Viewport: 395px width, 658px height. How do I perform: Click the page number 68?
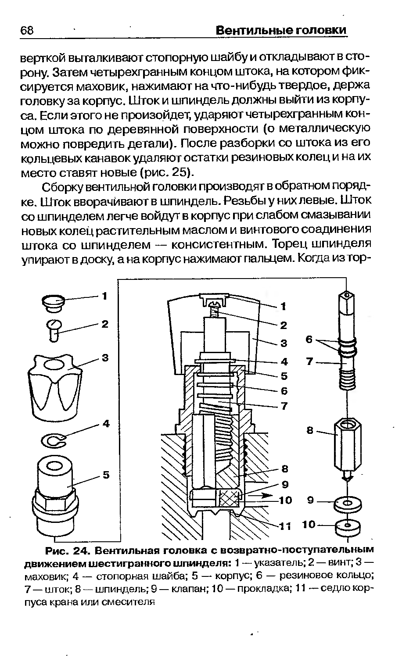[27, 31]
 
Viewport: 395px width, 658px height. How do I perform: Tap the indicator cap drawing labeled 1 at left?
[53, 303]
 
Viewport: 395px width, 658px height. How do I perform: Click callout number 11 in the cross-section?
[286, 526]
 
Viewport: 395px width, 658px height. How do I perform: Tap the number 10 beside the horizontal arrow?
[286, 500]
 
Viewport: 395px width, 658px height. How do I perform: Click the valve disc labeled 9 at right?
[347, 503]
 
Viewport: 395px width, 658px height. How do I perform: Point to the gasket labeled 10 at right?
[347, 525]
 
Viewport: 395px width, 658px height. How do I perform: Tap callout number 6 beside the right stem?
[309, 340]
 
